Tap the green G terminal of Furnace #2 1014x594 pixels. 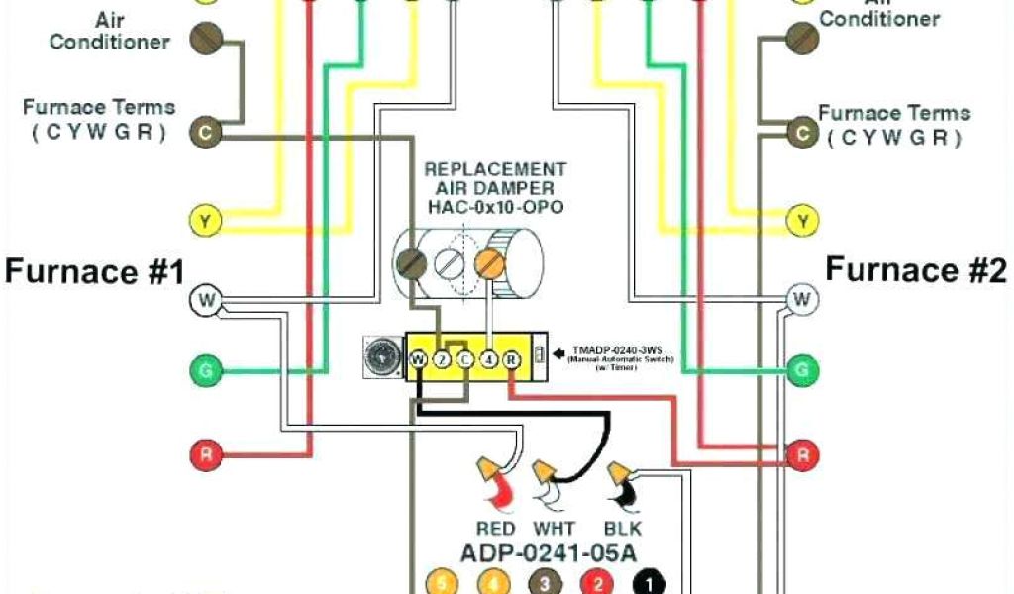802,371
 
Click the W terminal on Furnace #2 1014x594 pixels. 802,298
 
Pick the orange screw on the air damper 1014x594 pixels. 486,263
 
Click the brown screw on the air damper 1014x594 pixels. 411,263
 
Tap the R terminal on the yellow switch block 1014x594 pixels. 512,360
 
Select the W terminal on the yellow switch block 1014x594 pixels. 419,360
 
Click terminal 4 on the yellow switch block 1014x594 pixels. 489,360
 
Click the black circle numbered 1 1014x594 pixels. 653,583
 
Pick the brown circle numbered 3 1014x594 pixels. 542,583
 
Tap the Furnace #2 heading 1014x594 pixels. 917,268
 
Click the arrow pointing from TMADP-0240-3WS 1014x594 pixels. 558,350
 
